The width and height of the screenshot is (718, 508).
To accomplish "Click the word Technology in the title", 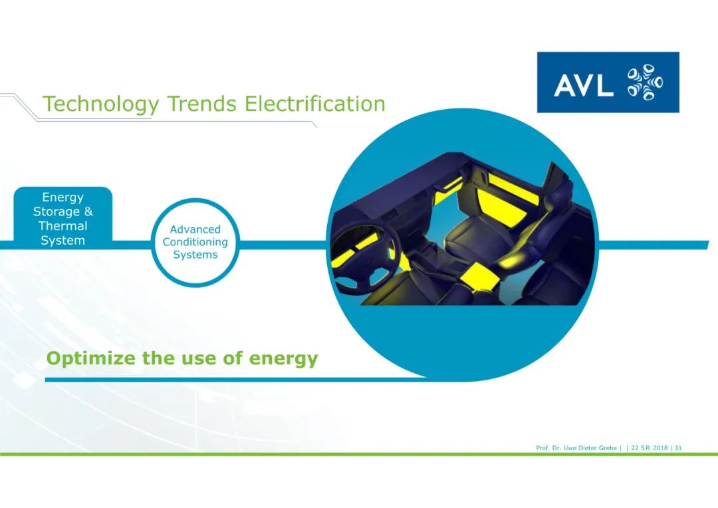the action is (101, 104).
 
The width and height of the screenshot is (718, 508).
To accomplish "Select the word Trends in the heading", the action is (202, 104).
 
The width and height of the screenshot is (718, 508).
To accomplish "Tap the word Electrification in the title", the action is (314, 104).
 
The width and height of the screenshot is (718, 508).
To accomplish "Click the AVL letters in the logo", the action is (584, 85).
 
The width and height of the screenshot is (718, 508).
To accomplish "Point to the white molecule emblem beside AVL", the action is (645, 82).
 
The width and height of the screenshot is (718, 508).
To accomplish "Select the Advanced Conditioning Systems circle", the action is (195, 243).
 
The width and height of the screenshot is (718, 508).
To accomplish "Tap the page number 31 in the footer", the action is (678, 448).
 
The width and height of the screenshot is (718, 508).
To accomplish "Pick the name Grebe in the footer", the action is (608, 448).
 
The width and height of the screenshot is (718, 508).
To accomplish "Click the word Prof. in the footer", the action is (542, 448).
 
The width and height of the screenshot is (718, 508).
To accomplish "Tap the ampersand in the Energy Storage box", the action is (88, 211).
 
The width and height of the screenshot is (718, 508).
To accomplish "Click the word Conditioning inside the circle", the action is (195, 242).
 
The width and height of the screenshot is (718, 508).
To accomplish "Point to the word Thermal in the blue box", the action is (62, 226).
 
